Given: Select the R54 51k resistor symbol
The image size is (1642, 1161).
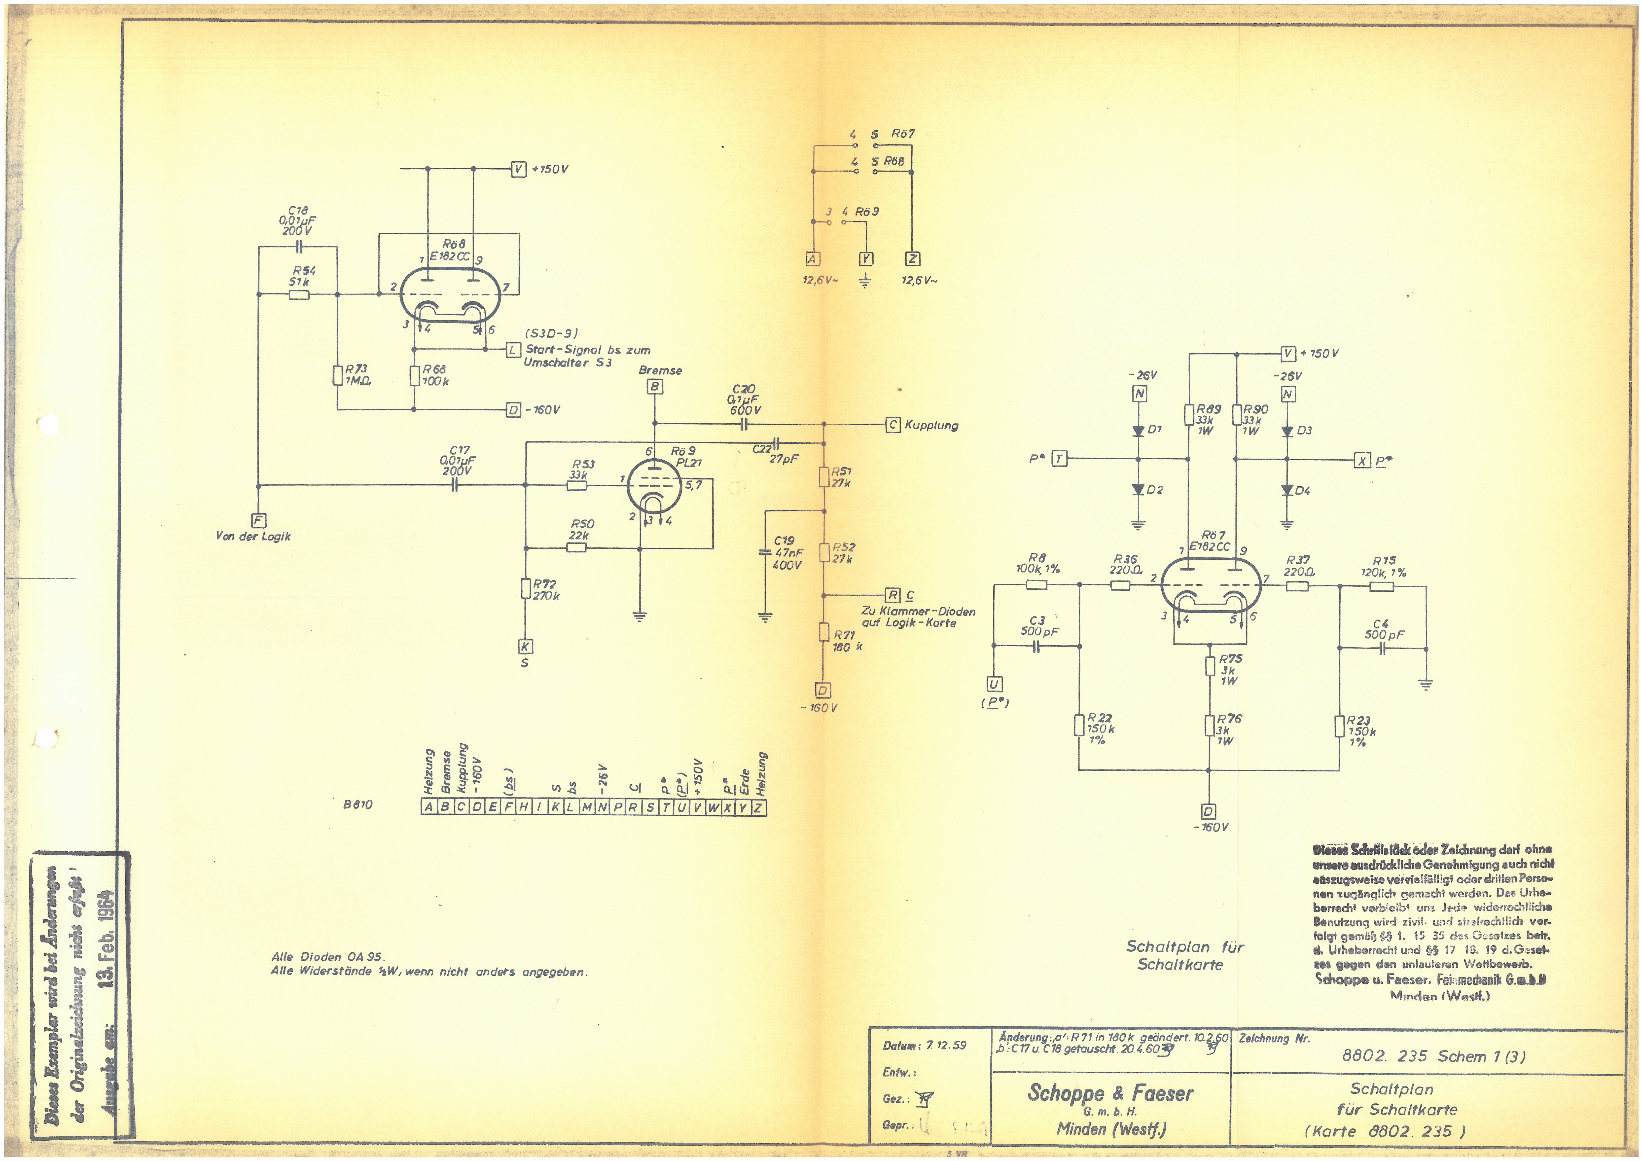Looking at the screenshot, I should click(299, 293).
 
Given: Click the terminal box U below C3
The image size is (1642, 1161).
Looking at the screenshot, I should click(994, 684).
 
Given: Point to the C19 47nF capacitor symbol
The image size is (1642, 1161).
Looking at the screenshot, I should click(765, 552).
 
